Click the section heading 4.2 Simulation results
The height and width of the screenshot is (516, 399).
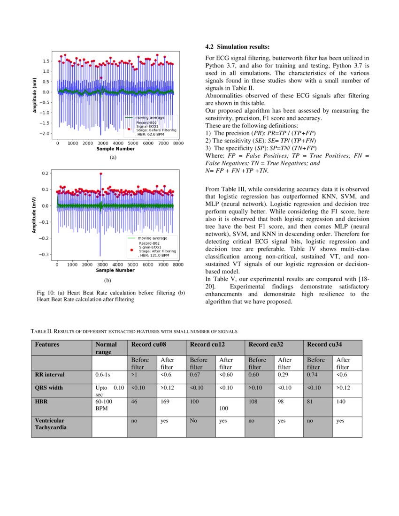point(238,47)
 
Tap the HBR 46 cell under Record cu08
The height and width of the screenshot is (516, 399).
point(134,402)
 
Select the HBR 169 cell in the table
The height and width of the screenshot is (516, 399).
point(165,402)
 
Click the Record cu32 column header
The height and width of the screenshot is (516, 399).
point(265,344)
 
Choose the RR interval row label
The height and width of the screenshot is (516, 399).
point(50,375)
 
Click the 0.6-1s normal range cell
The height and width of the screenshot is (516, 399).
point(103,375)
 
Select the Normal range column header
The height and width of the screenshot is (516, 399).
point(106,348)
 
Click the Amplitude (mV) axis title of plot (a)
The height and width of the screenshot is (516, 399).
point(35,95)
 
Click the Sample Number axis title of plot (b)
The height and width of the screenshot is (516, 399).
point(115,270)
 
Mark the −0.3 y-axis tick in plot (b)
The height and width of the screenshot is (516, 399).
point(46,255)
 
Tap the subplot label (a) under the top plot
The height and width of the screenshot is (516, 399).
point(113,158)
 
